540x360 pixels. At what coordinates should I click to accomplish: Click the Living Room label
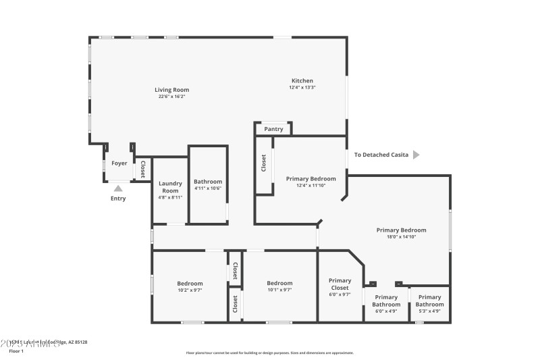[x=171, y=90]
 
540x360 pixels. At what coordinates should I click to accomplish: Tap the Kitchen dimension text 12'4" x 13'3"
[x=302, y=87]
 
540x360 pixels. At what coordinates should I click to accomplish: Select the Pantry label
[x=273, y=129]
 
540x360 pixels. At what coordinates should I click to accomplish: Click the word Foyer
[x=119, y=163]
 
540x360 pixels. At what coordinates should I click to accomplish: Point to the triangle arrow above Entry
[x=118, y=188]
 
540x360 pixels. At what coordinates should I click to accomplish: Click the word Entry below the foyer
[x=118, y=199]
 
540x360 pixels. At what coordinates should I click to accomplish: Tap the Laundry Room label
[x=169, y=187]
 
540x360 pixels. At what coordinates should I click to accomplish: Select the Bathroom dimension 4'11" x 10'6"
[x=207, y=188]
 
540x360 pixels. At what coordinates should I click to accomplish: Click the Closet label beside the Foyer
[x=142, y=170]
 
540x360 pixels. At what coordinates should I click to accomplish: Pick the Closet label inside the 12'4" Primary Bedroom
[x=263, y=164]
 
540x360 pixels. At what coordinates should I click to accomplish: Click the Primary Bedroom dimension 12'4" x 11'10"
[x=310, y=185]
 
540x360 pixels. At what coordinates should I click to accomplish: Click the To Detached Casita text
[x=381, y=155]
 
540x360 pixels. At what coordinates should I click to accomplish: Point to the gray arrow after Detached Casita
[x=416, y=155]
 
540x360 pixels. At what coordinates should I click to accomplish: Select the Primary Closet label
[x=340, y=284]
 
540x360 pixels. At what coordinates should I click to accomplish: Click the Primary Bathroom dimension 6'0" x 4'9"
[x=386, y=311]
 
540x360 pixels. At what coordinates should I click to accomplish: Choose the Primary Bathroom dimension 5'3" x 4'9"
[x=429, y=311]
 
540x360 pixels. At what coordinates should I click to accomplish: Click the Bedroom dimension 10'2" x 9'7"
[x=190, y=290]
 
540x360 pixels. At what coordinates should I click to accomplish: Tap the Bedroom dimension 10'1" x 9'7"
[x=279, y=290]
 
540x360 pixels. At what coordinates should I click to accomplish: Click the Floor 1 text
[x=16, y=351]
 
